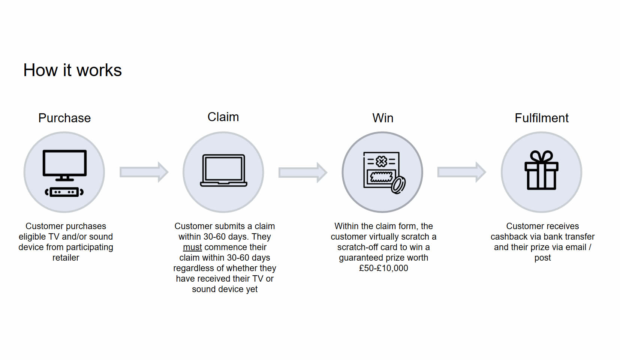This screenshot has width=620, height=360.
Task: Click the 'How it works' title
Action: click(x=72, y=70)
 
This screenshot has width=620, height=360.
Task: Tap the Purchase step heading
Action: click(x=64, y=118)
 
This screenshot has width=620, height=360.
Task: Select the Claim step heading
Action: click(x=223, y=117)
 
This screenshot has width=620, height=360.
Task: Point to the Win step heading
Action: click(x=383, y=118)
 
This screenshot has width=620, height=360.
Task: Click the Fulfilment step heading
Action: click(x=542, y=118)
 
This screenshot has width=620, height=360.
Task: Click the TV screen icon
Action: click(x=64, y=165)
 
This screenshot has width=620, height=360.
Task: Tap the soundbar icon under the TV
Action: click(x=64, y=192)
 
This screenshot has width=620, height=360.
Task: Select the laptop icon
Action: click(x=224, y=170)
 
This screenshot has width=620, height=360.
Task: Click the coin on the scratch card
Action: click(x=398, y=185)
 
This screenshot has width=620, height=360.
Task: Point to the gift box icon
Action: click(x=541, y=170)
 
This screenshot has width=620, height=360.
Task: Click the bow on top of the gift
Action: click(x=541, y=157)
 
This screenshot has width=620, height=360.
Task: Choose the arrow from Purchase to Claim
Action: click(x=144, y=172)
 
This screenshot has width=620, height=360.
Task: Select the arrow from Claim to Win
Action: click(x=303, y=172)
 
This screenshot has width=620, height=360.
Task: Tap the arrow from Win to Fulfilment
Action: click(x=462, y=172)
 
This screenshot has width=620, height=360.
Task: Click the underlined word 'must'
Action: click(x=192, y=247)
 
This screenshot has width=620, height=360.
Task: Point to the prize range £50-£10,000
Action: click(x=383, y=268)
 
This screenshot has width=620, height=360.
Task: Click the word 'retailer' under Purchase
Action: click(x=66, y=258)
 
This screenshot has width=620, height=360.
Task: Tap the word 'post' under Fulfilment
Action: click(x=542, y=258)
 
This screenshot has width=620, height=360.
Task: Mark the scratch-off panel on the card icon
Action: click(x=381, y=177)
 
